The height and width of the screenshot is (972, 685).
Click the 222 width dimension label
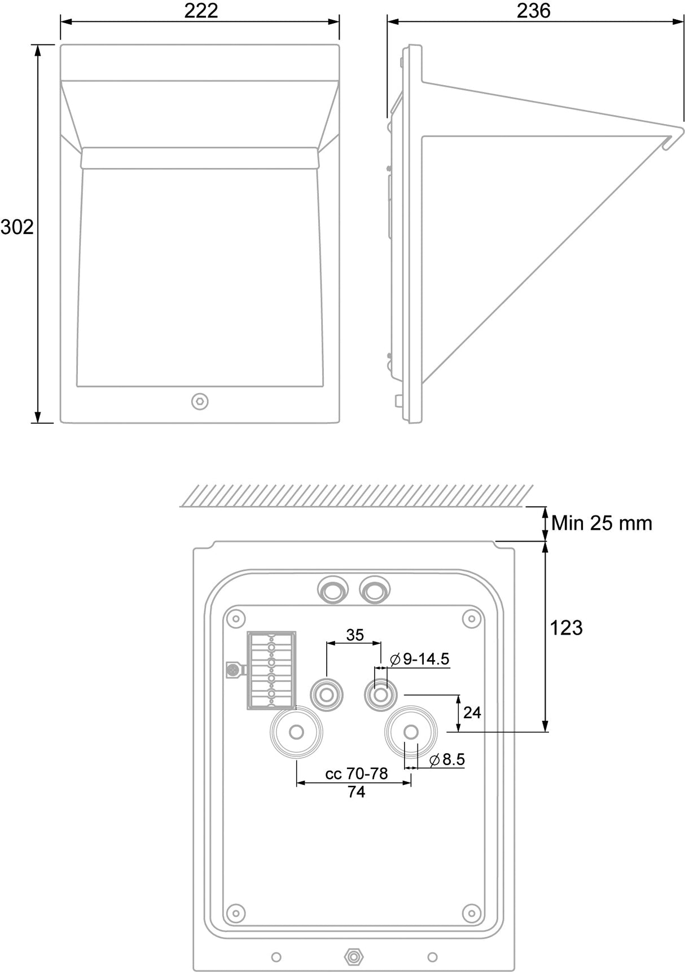[x=201, y=11]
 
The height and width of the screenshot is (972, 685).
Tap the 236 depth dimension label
[x=533, y=11]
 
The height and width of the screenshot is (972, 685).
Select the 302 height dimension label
[x=17, y=227]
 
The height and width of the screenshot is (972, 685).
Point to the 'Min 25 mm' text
[x=601, y=523]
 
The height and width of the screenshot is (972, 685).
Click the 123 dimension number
[x=566, y=627]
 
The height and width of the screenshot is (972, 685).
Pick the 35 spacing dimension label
[x=355, y=635]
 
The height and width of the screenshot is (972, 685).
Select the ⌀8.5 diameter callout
[x=447, y=759]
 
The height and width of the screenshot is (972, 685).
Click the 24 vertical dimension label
[x=472, y=712]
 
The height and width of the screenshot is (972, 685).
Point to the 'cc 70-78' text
[x=357, y=773]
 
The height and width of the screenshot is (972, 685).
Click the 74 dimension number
[x=356, y=792]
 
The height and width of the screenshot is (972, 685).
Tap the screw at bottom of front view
[x=200, y=402]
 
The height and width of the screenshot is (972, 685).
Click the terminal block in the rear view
[x=271, y=670]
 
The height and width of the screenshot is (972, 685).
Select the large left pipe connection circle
[x=297, y=732]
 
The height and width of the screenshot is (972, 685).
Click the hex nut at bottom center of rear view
[x=354, y=956]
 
